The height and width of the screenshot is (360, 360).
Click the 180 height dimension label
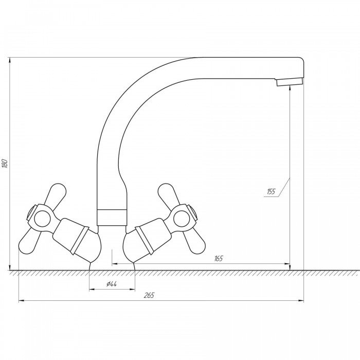[x=5, y=163]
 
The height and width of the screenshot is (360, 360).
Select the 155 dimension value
[x=271, y=191]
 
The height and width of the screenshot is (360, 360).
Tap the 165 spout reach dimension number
[x=219, y=259]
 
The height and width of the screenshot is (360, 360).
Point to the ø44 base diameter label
[x=112, y=284]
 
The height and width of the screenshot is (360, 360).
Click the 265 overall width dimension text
[x=149, y=295]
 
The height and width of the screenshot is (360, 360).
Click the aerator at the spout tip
[x=290, y=82]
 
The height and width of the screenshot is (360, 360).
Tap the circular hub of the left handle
[x=42, y=219]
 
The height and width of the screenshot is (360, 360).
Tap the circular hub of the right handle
[x=182, y=218]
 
